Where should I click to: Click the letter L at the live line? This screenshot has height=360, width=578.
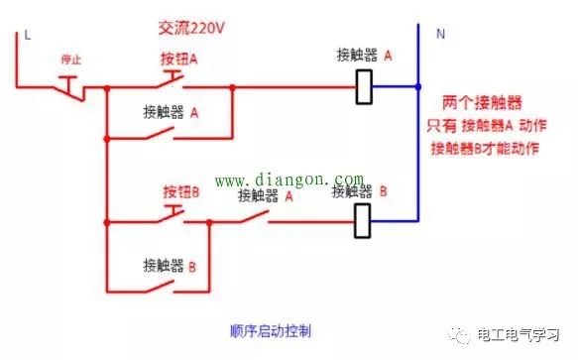click(27, 35)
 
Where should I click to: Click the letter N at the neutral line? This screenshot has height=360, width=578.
click(439, 33)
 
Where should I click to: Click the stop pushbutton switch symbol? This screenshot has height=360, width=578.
click(69, 86)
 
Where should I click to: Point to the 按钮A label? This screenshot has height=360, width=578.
click(179, 60)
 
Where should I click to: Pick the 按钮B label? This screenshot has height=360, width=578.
click(179, 189)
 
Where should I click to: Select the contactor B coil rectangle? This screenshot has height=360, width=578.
click(364, 221)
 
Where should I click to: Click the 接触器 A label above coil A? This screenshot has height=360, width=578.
click(364, 57)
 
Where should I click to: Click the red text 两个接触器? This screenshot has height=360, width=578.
click(484, 104)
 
